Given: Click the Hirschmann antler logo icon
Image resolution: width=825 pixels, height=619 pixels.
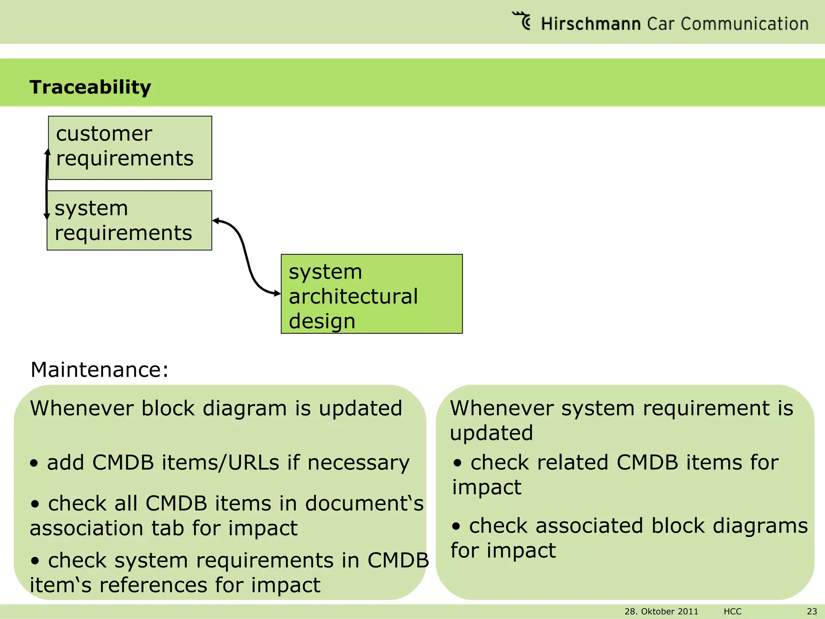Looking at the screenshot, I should pos(522,21).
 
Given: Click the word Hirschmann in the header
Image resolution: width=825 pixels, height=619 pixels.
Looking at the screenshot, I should pos(591,24).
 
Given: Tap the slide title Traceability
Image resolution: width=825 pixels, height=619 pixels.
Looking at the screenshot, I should pos(90,87).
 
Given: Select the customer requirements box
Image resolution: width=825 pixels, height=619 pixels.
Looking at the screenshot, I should pos(130,147).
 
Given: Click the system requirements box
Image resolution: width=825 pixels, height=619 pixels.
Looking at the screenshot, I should pos(129,220).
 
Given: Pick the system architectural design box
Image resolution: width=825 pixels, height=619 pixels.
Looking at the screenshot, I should pos(371,294).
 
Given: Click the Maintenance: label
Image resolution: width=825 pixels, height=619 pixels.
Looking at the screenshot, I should pos(99,369).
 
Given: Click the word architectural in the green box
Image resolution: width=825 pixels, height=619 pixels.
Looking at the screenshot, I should pos(353,297).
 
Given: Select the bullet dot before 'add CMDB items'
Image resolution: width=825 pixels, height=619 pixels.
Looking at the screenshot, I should pos(34,463).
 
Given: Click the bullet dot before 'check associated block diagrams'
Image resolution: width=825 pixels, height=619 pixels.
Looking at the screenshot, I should pos(456,527).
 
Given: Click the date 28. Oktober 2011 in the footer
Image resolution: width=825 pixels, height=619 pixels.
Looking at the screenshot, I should pos(661,611).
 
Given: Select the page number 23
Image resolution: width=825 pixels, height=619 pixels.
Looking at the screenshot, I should pos(812,611).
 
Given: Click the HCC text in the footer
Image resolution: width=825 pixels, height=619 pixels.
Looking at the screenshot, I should pos(732,611).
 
